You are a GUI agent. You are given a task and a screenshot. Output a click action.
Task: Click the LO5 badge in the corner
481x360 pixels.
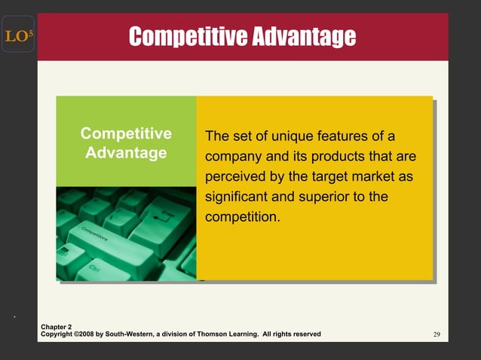[17, 35]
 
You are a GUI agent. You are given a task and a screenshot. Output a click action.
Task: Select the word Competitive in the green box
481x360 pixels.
[126, 134]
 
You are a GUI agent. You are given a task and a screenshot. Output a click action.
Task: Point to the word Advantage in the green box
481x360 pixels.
[126, 153]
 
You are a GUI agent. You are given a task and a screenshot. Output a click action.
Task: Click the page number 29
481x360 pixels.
[437, 334]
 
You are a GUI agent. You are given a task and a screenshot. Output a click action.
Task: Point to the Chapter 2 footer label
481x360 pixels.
[57, 327]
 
